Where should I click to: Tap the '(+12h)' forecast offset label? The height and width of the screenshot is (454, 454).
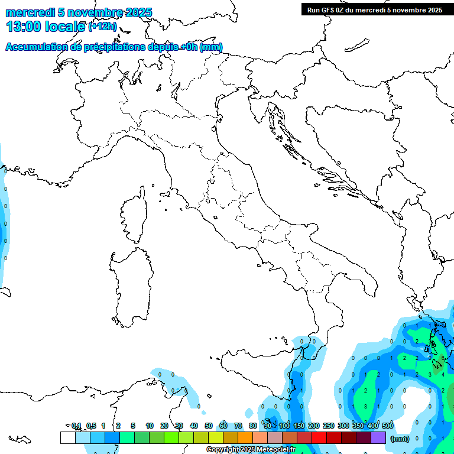pyautogui.click(x=102, y=26)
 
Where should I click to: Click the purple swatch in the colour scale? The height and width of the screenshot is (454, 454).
pyautogui.click(x=378, y=437)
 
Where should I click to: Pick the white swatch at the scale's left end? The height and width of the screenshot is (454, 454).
pyautogui.click(x=67, y=437)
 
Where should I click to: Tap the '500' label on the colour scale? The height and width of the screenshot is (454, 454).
pyautogui.click(x=388, y=426)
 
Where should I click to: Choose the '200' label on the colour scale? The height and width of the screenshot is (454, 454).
pyautogui.click(x=314, y=426)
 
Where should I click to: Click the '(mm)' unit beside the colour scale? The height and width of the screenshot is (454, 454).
pyautogui.click(x=400, y=439)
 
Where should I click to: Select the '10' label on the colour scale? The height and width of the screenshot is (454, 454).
pyautogui.click(x=150, y=426)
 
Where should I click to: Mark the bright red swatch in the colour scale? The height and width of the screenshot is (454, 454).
pyautogui.click(x=319, y=437)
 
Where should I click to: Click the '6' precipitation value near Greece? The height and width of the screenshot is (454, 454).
pyautogui.click(x=443, y=358)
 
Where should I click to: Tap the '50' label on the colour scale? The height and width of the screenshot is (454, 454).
pyautogui.click(x=209, y=426)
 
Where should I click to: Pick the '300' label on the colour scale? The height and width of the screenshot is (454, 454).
pyautogui.click(x=343, y=426)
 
